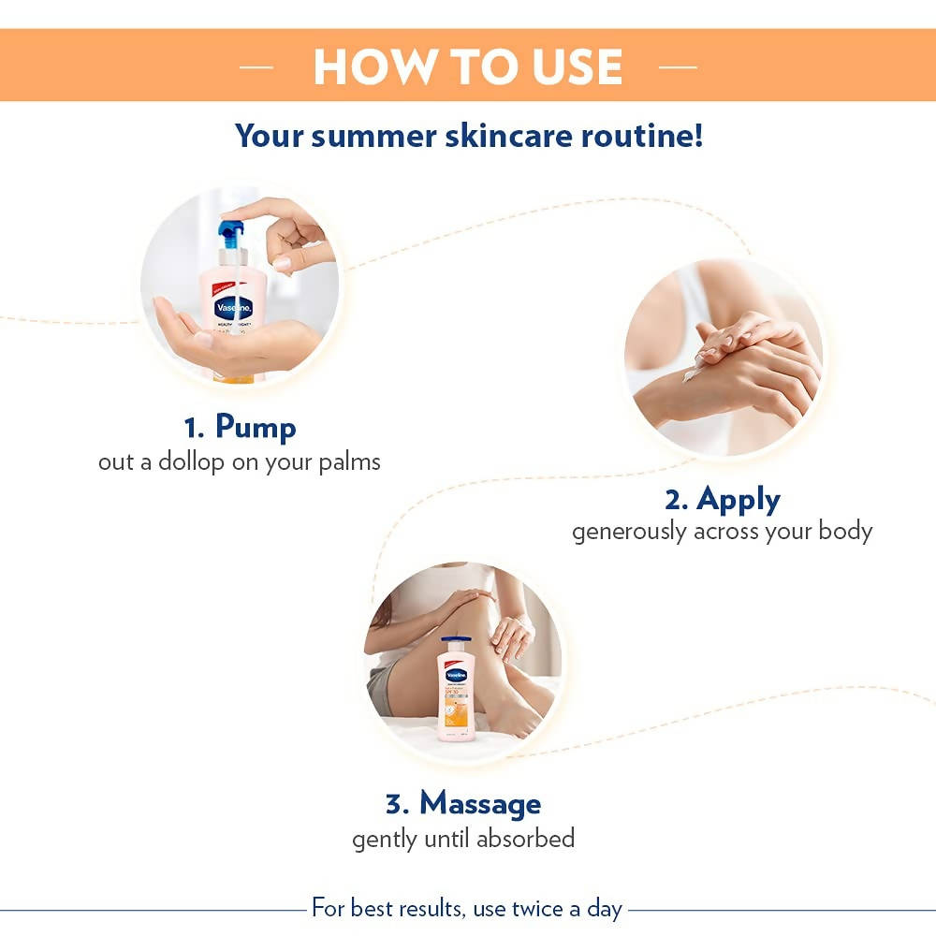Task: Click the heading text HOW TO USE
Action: pyautogui.click(x=467, y=66)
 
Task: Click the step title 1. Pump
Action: pyautogui.click(x=240, y=428)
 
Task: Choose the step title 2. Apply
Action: pyautogui.click(x=722, y=499)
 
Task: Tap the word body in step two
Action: pyautogui.click(x=845, y=532)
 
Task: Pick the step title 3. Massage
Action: pyautogui.click(x=462, y=803)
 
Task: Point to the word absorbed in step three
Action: pyautogui.click(x=525, y=838)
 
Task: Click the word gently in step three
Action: pyautogui.click(x=383, y=839)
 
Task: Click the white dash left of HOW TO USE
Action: pyautogui.click(x=256, y=67)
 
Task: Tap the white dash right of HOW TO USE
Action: pyautogui.click(x=678, y=67)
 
